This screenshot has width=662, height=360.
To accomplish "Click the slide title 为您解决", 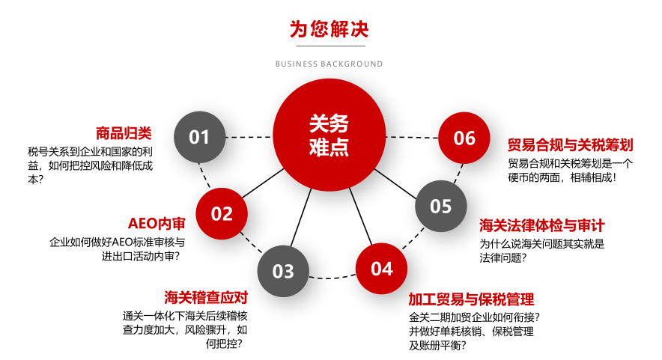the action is [330, 29].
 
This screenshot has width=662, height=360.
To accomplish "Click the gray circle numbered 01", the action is [199, 137].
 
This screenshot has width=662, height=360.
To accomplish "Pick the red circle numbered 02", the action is [222, 214].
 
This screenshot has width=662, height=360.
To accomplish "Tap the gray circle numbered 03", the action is [283, 270].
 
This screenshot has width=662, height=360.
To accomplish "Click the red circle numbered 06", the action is [464, 138].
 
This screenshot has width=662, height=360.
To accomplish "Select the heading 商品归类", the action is [124, 134].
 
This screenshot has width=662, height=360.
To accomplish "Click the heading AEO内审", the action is [157, 224].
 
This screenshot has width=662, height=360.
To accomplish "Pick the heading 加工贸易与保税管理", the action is [471, 299].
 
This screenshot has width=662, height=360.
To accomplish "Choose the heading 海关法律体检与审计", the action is [541, 225].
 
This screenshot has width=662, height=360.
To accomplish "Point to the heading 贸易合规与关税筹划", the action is [570, 144].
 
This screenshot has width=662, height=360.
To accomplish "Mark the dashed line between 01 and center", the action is [249, 137].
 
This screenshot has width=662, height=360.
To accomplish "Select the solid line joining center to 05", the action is [398, 184].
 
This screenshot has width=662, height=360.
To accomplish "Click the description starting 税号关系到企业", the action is [90, 165].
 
